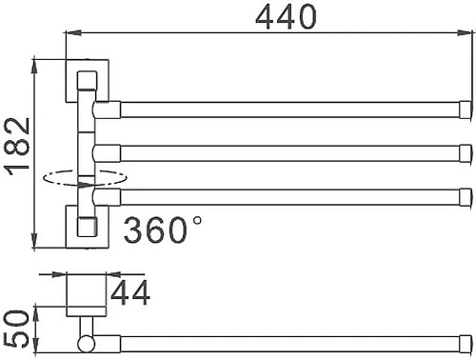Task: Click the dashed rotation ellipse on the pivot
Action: point(86,176)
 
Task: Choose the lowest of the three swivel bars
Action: point(286,197)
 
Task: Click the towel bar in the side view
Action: point(286,339)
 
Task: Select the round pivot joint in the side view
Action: point(86,340)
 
